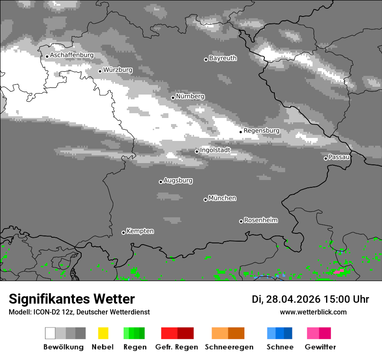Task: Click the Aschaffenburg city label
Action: pyautogui.click(x=72, y=56)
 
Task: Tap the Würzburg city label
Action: pyautogui.click(x=118, y=70)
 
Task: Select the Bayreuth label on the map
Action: pyautogui.click(x=223, y=58)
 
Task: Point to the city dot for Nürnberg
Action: pyautogui.click(x=173, y=98)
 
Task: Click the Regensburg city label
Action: pyautogui.click(x=261, y=131)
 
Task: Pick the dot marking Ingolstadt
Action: pyautogui.click(x=197, y=151)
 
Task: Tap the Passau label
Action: pyautogui.click(x=339, y=157)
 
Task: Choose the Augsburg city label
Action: pyautogui.click(x=178, y=180)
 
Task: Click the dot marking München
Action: pyautogui.click(x=205, y=200)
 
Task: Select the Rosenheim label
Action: pyautogui.click(x=260, y=220)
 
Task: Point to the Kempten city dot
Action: pyautogui.click(x=123, y=232)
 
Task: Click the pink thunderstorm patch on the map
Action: pyautogui.click(x=339, y=271)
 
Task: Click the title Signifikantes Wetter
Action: pyautogui.click(x=72, y=299)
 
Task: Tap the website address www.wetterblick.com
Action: pyautogui.click(x=313, y=312)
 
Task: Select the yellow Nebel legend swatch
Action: pyautogui.click(x=103, y=333)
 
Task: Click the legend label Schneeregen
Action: pyautogui.click(x=229, y=347)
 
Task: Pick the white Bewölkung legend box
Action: pyautogui.click(x=50, y=333)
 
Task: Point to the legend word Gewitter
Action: pyautogui.click(x=320, y=347)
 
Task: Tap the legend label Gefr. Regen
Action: pyautogui.click(x=176, y=347)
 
